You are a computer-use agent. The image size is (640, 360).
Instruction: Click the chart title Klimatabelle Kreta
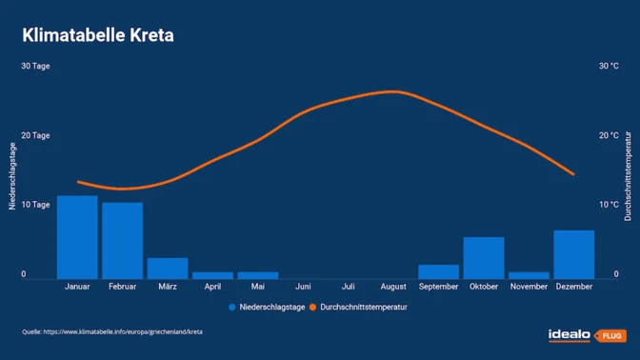pyautogui.click(x=98, y=36)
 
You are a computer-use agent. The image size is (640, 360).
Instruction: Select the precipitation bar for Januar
pyautogui.click(x=77, y=237)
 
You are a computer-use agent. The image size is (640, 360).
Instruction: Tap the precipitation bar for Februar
pyautogui.click(x=122, y=240)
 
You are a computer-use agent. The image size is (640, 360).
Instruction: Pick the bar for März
pyautogui.click(x=168, y=268)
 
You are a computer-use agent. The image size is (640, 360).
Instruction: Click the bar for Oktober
pyautogui.click(x=484, y=257)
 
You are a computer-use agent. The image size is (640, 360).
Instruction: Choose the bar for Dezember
pyautogui.click(x=573, y=254)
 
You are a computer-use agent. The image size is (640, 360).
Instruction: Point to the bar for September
pyautogui.click(x=438, y=271)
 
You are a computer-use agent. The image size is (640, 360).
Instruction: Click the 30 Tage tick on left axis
pyautogui.click(x=35, y=67)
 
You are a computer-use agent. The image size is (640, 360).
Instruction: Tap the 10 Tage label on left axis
pyautogui.click(x=35, y=205)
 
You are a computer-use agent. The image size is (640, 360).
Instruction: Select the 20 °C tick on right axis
pyautogui.click(x=608, y=136)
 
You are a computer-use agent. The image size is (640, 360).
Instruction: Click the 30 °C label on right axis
pyautogui.click(x=608, y=67)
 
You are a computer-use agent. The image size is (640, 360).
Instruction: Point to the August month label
pyautogui.click(x=393, y=287)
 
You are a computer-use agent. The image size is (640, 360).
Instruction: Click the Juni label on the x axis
pyautogui.click(x=303, y=287)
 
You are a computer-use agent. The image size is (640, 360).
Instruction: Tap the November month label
pyautogui.click(x=529, y=287)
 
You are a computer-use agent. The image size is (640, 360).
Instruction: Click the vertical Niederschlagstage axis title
pyautogui.click(x=12, y=175)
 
